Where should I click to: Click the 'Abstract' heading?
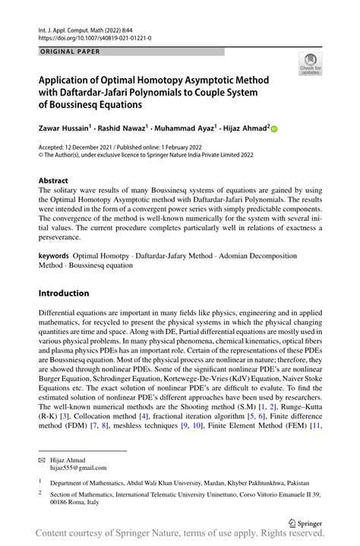pyautogui.click(x=58, y=181)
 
